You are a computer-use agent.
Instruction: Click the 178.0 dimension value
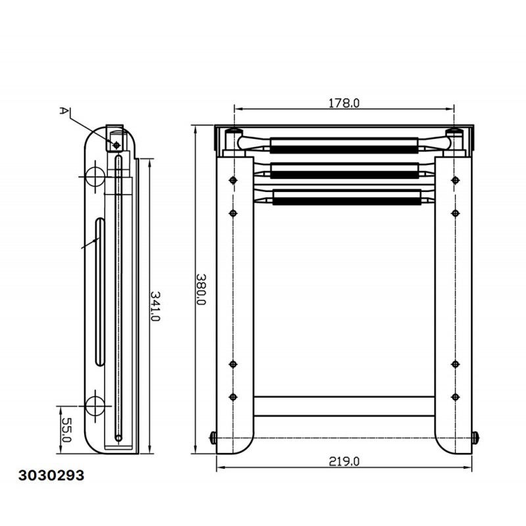click(343, 103)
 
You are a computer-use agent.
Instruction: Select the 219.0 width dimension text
click(344, 462)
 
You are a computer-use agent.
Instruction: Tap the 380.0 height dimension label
click(201, 289)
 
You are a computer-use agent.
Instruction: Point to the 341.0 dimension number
click(155, 306)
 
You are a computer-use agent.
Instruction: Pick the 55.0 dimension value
click(66, 430)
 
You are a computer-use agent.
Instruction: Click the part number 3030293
click(51, 475)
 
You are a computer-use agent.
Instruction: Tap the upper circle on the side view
click(95, 176)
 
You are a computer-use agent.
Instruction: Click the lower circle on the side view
click(95, 406)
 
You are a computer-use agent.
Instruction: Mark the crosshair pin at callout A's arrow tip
click(116, 145)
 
